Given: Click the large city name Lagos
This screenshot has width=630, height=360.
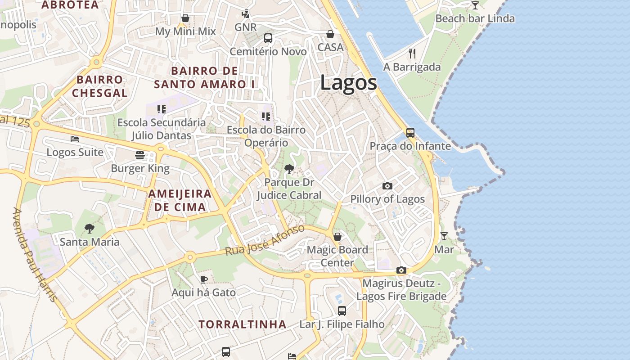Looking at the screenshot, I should [x=349, y=83].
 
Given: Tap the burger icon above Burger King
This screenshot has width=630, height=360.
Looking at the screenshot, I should [x=140, y=155].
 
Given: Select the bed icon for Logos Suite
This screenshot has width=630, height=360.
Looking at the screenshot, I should [x=75, y=139].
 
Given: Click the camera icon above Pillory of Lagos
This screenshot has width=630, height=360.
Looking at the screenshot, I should [x=387, y=186].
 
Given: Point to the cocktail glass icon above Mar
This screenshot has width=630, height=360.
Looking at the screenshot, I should [x=444, y=236].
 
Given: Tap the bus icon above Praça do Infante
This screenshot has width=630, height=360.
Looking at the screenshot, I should [x=410, y=133].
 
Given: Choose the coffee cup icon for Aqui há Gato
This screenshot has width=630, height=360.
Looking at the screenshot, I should [x=203, y=279].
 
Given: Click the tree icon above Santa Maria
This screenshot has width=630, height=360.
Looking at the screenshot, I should [x=90, y=229].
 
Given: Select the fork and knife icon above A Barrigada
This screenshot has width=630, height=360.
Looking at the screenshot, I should [x=412, y=54].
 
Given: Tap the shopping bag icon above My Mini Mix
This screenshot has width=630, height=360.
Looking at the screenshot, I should [x=185, y=18].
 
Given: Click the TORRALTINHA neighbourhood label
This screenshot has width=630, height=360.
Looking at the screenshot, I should [x=243, y=324].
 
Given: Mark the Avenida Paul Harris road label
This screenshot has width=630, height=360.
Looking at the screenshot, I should [x=35, y=255].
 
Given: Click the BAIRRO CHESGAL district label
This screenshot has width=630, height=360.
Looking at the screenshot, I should [x=99, y=86].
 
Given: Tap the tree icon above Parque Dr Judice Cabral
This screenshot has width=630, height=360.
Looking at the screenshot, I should [x=289, y=170].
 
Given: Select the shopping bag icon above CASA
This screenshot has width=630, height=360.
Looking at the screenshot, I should [x=330, y=34].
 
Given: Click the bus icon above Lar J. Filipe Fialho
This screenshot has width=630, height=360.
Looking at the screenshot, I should [x=342, y=310].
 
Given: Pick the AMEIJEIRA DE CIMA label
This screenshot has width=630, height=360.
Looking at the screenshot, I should [x=180, y=201].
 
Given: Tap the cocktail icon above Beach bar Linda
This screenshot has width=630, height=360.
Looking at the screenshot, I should [x=475, y=5].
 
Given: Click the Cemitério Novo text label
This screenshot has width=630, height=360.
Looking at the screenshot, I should [x=268, y=52].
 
